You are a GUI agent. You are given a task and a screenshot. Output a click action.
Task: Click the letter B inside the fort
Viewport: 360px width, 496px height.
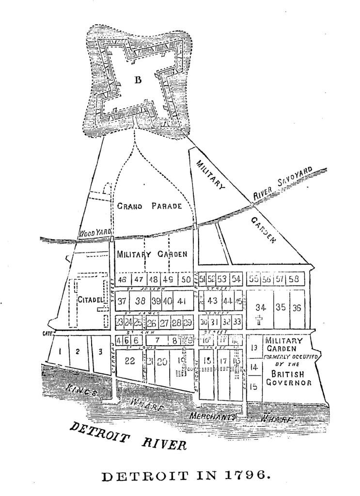(x=138, y=80)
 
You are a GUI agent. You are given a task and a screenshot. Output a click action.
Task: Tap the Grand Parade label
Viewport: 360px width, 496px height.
(x=150, y=206)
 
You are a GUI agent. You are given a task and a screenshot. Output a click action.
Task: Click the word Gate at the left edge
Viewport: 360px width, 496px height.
(x=47, y=334)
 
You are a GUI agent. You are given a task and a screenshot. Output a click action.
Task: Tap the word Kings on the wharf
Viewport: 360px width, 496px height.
(x=80, y=392)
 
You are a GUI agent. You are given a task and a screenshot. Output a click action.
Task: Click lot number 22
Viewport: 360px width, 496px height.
(x=129, y=360)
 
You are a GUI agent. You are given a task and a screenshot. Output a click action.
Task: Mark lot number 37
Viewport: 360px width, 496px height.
(x=122, y=301)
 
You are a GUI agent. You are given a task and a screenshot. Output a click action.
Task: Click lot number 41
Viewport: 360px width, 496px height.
(x=182, y=301)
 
